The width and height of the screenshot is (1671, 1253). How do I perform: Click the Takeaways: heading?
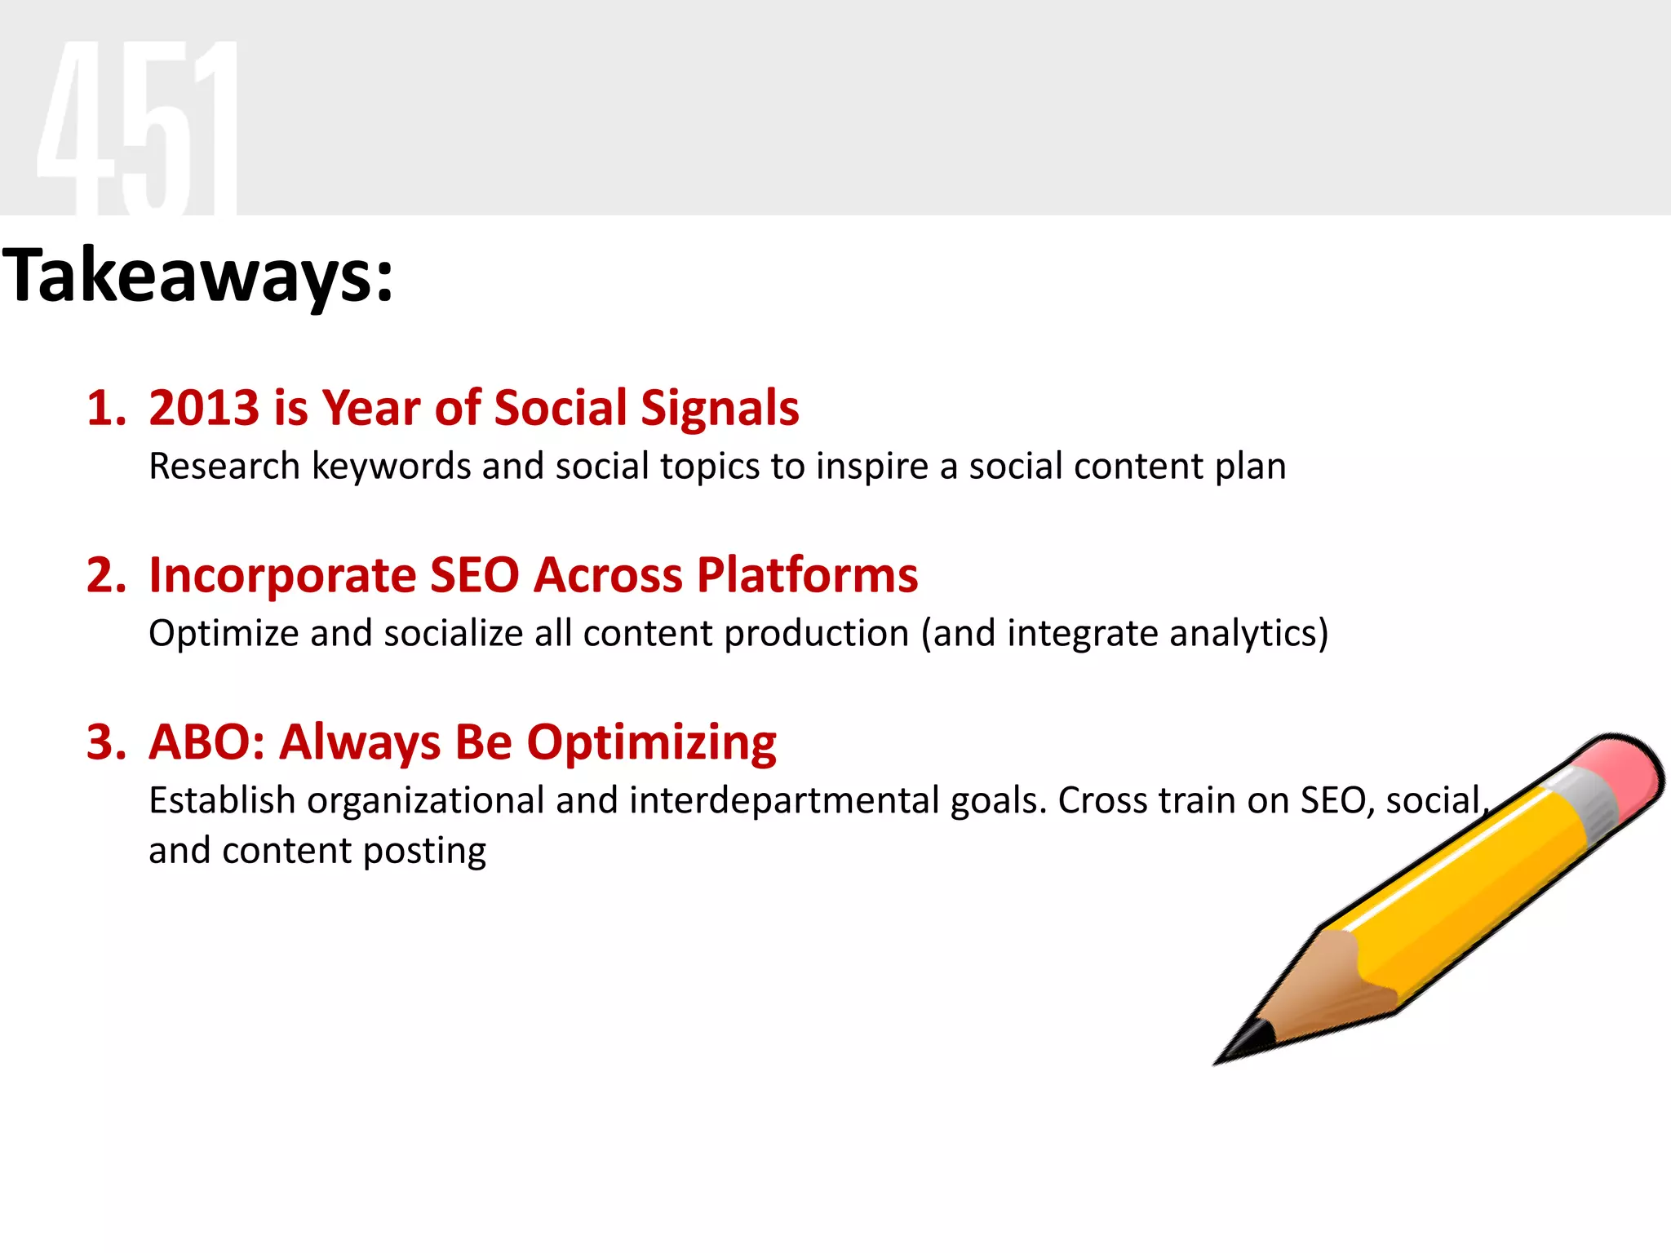198,276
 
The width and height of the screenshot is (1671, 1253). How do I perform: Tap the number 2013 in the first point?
204,408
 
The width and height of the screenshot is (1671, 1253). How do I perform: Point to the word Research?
224,467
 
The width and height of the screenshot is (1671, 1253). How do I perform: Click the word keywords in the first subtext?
392,467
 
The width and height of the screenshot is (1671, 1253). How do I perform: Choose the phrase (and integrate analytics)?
1124,634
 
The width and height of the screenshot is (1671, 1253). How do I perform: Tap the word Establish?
222,800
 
